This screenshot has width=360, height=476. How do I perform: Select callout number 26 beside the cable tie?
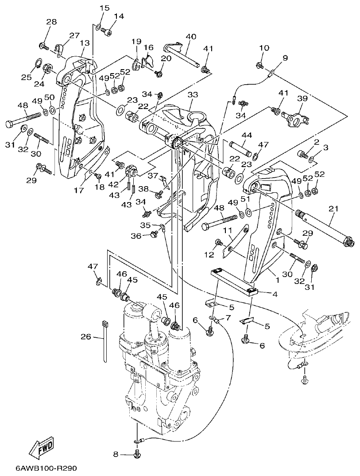tap(86, 337)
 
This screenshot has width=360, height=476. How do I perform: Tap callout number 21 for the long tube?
tap(333, 209)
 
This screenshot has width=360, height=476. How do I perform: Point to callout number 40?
tap(191, 36)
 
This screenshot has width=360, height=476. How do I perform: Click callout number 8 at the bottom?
tap(116, 454)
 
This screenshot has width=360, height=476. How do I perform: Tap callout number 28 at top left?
tap(52, 22)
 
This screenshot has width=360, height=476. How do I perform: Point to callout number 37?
tap(153, 176)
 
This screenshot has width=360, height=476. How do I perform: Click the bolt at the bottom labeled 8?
tap(136, 454)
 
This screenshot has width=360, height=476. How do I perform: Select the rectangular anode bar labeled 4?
tap(234, 279)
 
